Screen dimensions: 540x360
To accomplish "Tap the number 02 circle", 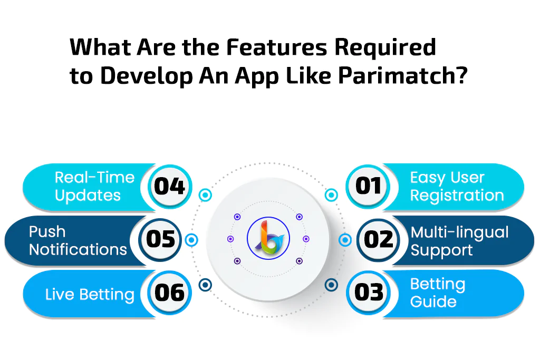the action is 378,239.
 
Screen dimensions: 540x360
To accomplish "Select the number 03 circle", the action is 368,293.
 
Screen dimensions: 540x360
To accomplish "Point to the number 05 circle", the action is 160,239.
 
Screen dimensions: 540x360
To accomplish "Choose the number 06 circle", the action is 169,293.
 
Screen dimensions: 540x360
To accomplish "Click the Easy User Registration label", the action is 457,187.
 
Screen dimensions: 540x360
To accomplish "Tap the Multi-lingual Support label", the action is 459,241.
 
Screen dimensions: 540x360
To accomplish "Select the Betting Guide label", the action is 438,293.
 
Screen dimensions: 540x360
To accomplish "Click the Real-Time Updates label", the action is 94,187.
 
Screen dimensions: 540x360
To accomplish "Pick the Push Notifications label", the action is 78,240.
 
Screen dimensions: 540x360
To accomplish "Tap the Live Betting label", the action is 90,295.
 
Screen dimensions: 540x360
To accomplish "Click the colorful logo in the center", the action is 268,238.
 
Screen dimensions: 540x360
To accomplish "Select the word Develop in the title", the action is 147,76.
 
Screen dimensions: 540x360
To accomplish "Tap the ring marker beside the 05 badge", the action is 191,240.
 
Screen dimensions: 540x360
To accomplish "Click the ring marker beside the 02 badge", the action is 345,240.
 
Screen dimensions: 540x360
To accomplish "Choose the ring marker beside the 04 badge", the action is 205,195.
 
